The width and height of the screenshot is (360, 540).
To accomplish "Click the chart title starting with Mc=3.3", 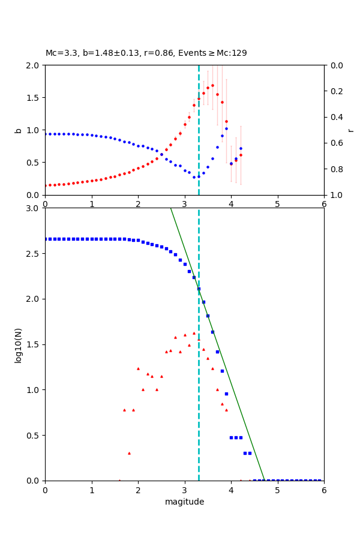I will click(x=146, y=53).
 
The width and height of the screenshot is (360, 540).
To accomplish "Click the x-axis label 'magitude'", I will click(x=184, y=502).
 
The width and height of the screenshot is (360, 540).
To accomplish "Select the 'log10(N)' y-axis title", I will click(x=18, y=344).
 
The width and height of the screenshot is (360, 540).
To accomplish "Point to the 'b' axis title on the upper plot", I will click(x=18, y=130).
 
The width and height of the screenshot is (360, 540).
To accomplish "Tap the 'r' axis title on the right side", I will click(x=350, y=130).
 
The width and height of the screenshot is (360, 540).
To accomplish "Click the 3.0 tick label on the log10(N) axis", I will click(x=34, y=208).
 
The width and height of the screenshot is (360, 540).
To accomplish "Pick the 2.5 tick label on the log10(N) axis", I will click(x=34, y=254).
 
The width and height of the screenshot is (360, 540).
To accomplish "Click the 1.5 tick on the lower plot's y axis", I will click(x=34, y=344).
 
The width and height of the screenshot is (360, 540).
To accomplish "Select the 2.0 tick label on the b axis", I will click(x=34, y=65).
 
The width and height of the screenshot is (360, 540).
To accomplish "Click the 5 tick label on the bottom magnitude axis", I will click(x=277, y=490).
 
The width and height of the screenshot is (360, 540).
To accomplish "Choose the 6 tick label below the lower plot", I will click(x=324, y=490).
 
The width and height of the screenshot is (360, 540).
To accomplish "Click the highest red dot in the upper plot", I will click(x=212, y=85).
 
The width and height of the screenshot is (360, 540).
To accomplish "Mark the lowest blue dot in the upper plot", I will click(x=194, y=177).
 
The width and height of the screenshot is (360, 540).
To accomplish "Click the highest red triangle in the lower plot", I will click(x=194, y=333).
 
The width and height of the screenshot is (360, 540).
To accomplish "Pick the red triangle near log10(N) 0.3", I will click(x=129, y=453).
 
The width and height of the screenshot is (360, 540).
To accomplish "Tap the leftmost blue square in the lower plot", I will click(x=46, y=239).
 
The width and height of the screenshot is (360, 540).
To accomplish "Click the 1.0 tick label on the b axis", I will click(x=34, y=130).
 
